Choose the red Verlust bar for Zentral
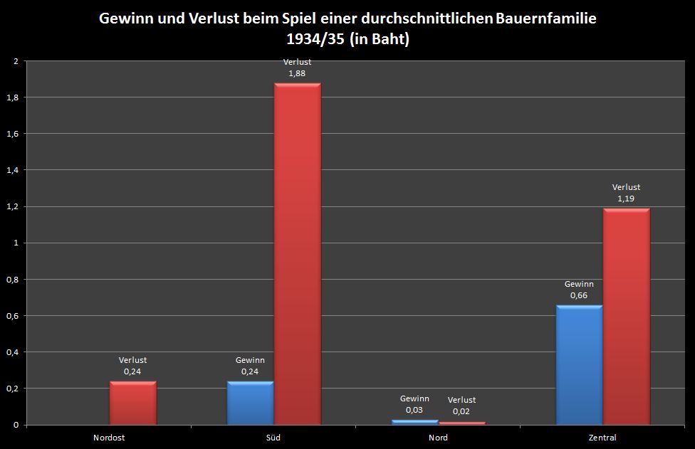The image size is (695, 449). pos(626,316)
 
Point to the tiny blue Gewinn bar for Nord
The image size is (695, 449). pos(414,422)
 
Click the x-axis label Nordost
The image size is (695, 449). pos(109,438)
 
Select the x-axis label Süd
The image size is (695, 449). pos(273,438)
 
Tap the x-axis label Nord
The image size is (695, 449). pos(438,438)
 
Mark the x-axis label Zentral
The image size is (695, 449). pos(602,438)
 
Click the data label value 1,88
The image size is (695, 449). pos(297,73)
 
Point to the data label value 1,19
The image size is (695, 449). pos(626,199)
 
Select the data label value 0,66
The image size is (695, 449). pos(579,295)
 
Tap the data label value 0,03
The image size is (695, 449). pos(414,410)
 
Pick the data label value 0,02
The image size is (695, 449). pos(462,411)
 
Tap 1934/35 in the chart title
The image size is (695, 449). pos(314,40)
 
